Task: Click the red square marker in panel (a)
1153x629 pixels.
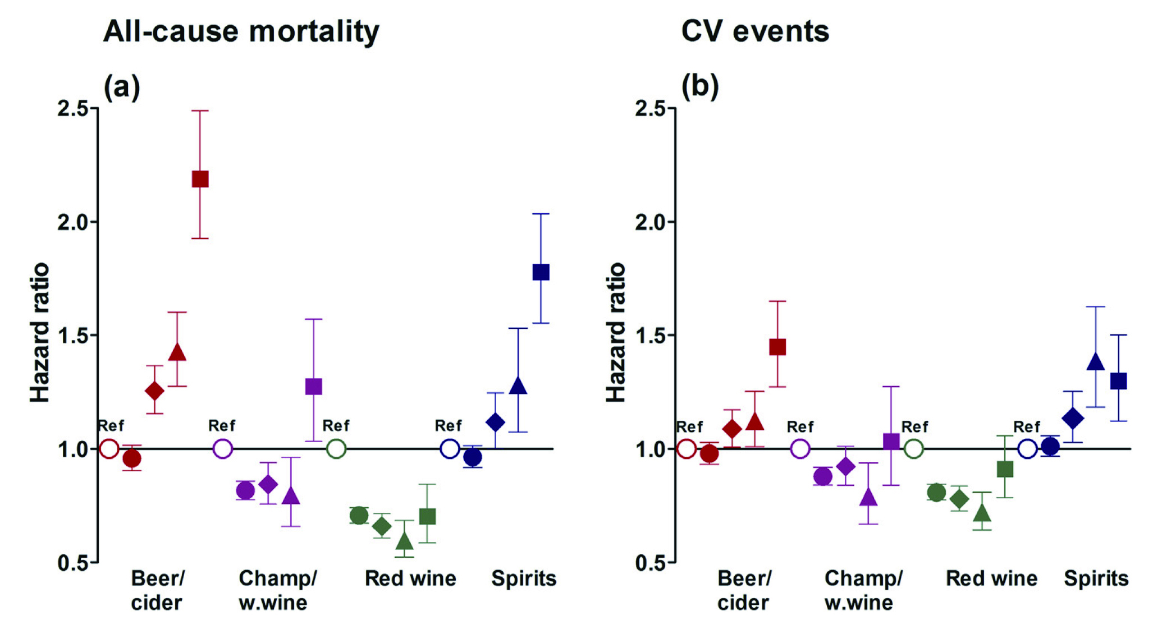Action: click(x=200, y=179)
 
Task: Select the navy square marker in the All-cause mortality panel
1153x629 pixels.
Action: click(x=541, y=272)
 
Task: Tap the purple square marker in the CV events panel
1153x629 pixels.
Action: click(x=891, y=442)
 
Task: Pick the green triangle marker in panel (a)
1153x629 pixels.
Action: click(x=404, y=541)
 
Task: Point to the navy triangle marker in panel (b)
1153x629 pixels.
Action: click(x=1095, y=362)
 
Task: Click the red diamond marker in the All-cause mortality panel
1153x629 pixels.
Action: click(x=154, y=391)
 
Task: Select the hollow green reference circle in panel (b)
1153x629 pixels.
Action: click(x=913, y=449)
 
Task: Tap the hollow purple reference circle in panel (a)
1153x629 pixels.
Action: click(x=223, y=449)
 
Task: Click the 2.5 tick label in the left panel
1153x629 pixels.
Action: click(x=73, y=108)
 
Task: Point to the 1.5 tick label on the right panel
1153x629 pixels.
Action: click(x=651, y=336)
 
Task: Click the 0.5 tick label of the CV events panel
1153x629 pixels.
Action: click(x=651, y=563)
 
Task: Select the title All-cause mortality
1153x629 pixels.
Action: click(x=241, y=31)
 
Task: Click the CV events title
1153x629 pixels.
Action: click(x=755, y=31)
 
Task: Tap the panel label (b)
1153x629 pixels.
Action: click(x=699, y=86)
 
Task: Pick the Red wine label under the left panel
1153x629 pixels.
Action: click(x=410, y=579)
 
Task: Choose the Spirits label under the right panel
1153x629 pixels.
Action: click(x=1096, y=579)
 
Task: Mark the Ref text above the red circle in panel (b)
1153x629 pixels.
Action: click(x=689, y=427)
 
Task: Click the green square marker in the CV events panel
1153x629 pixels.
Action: click(x=1005, y=469)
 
